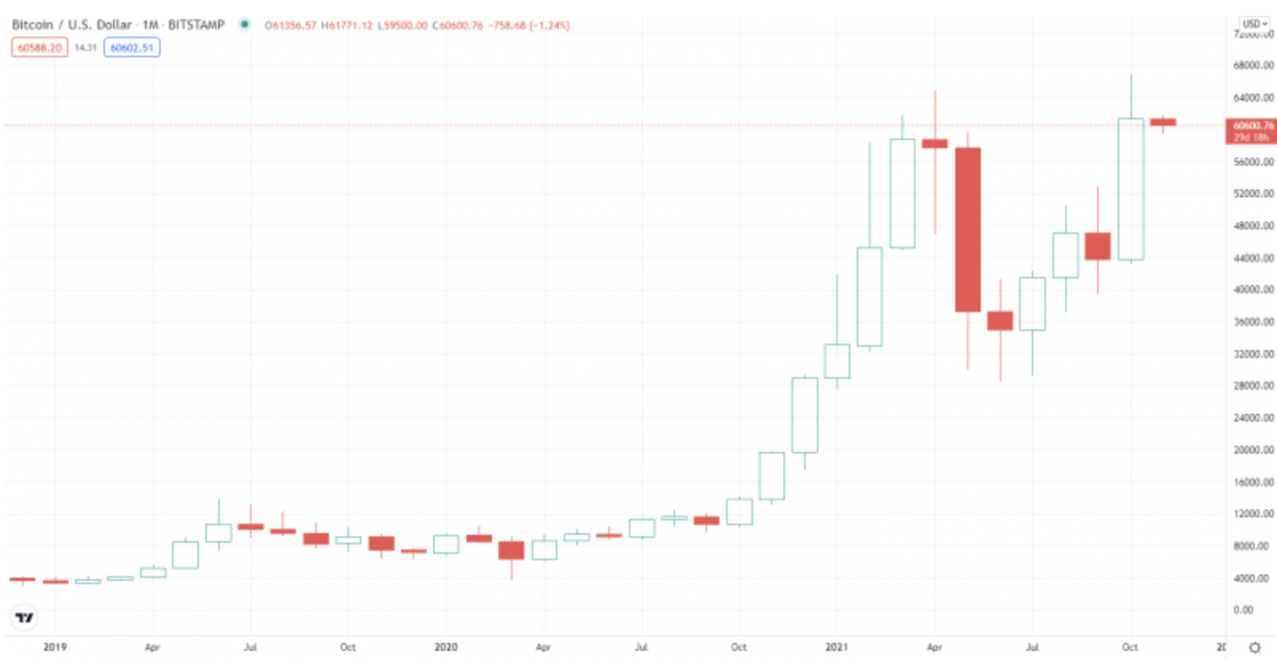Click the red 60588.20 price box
pos(39,48)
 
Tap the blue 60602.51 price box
pos(131,48)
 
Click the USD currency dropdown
pos(1255,24)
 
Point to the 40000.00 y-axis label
pos(1253,290)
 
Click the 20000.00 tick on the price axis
pos(1253,450)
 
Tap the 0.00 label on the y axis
pos(1244,610)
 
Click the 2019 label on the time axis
pos(55,647)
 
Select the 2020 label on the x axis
pos(446,647)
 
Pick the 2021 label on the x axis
pos(837,647)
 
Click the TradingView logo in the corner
pos(25,617)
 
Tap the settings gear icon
pos(1255,648)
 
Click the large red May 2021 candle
pos(967,229)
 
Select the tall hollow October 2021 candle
pos(1131,189)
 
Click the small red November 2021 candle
pos(1163,123)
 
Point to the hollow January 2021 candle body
pos(837,361)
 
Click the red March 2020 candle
pos(511,550)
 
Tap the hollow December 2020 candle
pos(804,415)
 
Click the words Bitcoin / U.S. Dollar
pos(72,25)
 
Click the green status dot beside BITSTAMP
pos(244,25)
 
